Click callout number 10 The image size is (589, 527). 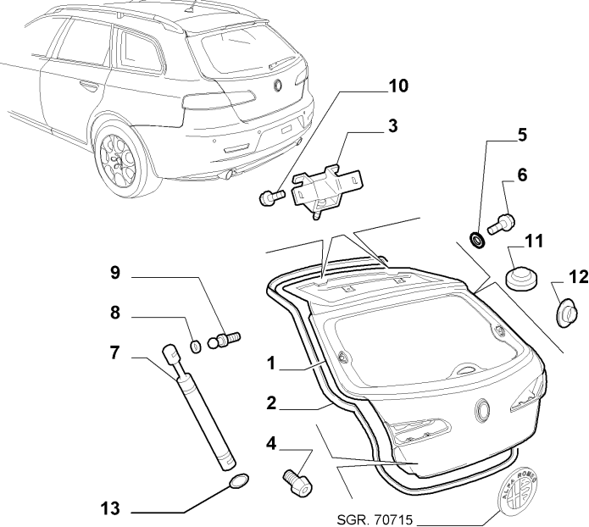pyautogui.click(x=397, y=86)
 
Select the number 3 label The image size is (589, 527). pyautogui.click(x=392, y=126)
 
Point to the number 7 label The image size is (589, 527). pyautogui.click(x=116, y=352)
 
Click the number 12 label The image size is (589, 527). pyautogui.click(x=577, y=276)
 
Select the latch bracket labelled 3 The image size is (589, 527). pyautogui.click(x=326, y=185)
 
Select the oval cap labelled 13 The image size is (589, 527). pyautogui.click(x=238, y=483)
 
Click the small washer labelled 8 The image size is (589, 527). pyautogui.click(x=194, y=346)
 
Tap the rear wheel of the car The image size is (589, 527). pyautogui.click(x=120, y=159)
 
